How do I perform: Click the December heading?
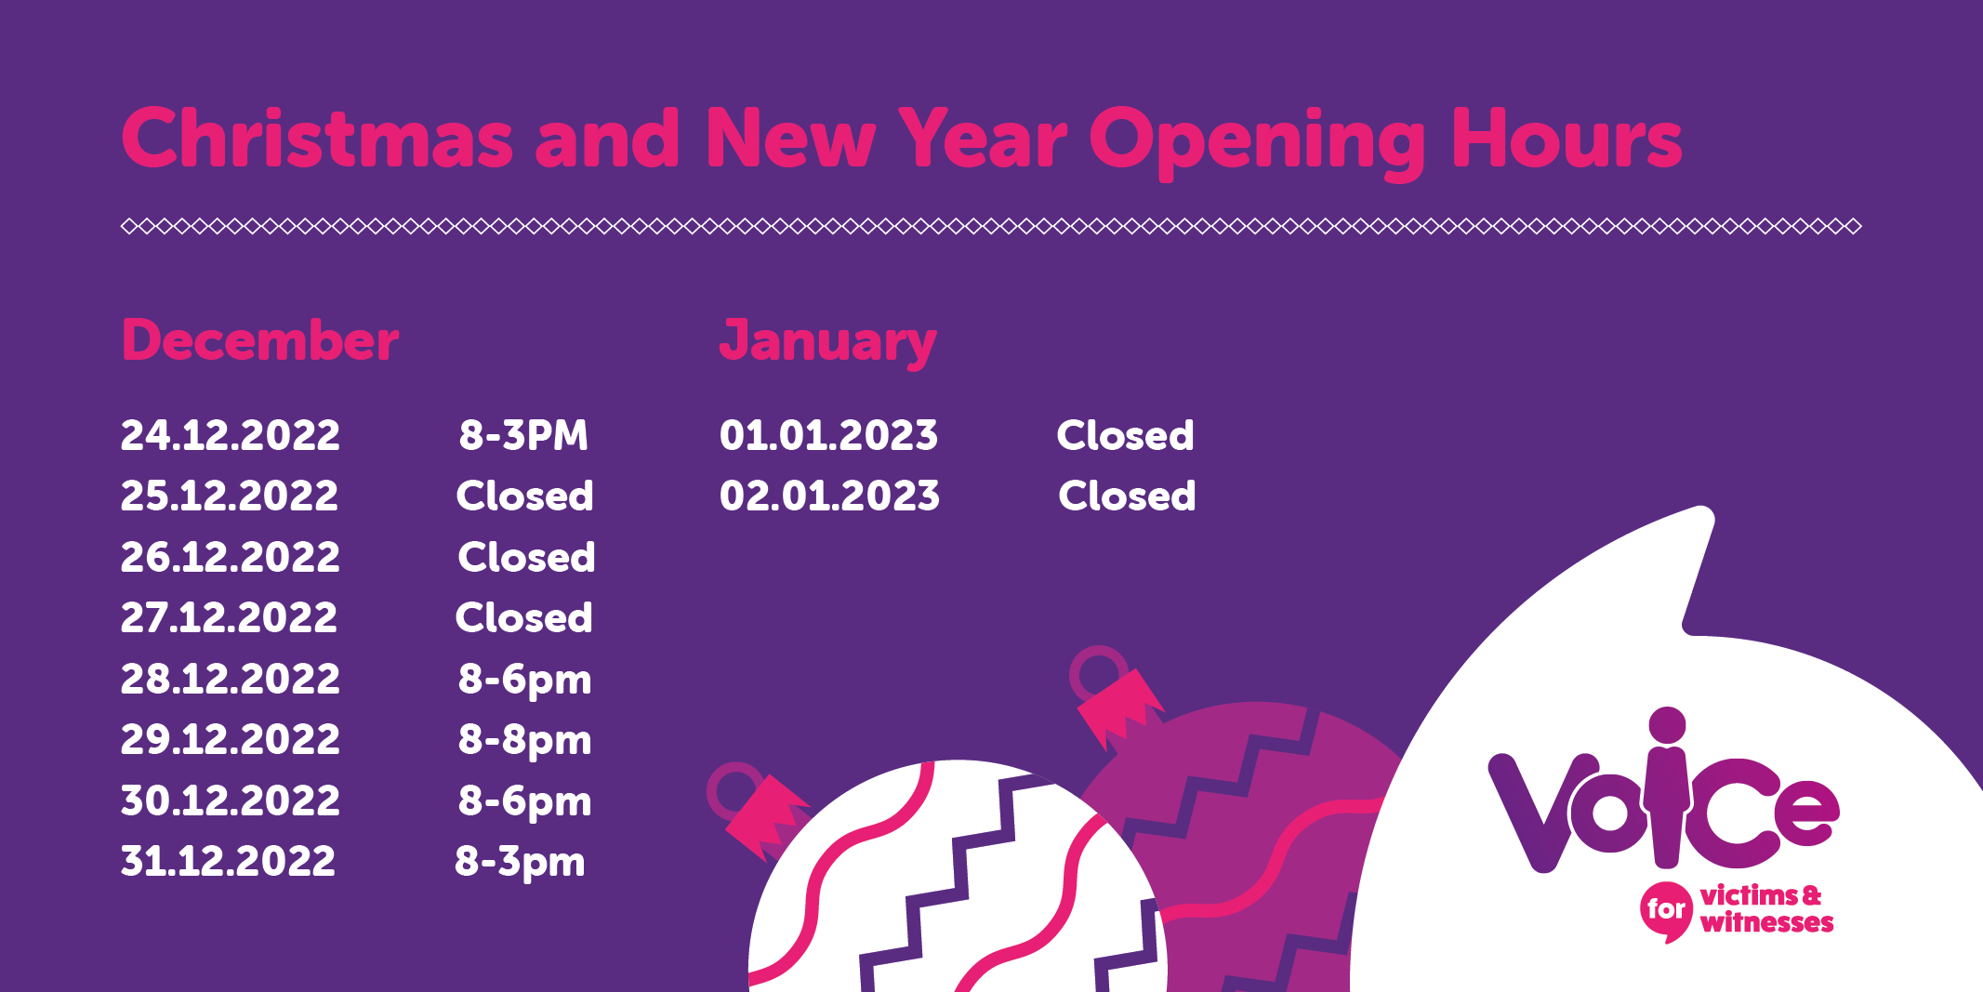[260, 339]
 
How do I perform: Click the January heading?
[827, 342]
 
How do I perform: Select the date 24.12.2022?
[231, 435]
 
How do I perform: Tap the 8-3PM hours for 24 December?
[523, 435]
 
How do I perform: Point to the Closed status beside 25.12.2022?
[524, 496]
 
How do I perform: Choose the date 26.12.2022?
[231, 557]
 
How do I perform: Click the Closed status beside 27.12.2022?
[523, 617]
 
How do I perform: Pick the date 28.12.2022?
[231, 679]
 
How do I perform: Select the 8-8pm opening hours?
[524, 741]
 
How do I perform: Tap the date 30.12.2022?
[231, 800]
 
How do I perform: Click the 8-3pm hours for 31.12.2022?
[520, 863]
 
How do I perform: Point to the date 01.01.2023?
[828, 435]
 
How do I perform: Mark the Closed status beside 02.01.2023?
[1127, 496]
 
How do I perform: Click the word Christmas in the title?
[317, 139]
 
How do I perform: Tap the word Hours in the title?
[1567, 139]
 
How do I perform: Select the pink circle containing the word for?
[1666, 909]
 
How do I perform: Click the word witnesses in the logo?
[1766, 922]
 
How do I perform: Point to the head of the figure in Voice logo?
[1667, 726]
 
